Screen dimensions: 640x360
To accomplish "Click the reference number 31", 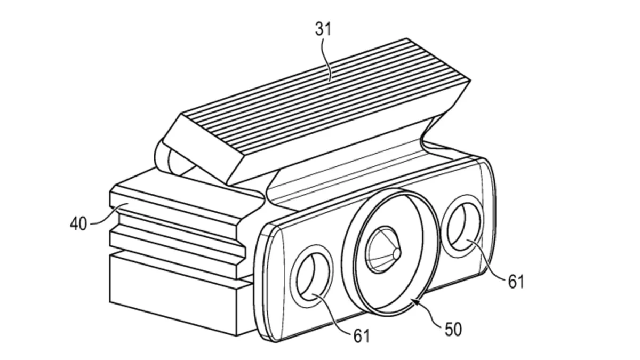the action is tap(323, 29).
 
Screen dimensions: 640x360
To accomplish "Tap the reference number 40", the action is tap(78, 223).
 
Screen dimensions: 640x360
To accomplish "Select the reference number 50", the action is tap(453, 329).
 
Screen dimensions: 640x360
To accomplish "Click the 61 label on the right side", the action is tap(516, 282).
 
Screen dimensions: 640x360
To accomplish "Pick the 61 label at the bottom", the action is tap(362, 336).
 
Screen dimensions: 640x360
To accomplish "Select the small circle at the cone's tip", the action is tap(397, 253).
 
